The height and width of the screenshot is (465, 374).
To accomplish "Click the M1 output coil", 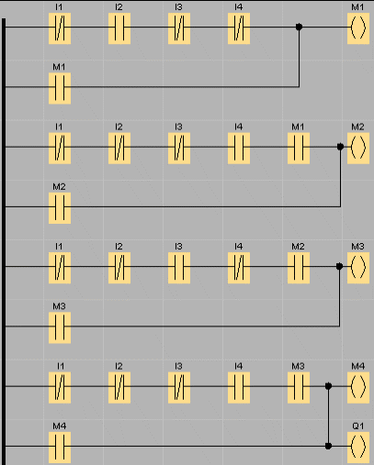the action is [x=358, y=28].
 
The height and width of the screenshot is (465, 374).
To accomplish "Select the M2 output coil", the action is [x=358, y=148].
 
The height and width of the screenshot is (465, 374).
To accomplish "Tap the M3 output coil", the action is [x=358, y=268].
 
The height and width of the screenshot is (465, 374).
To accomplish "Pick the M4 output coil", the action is [x=358, y=387].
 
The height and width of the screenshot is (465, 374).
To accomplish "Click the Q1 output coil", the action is [x=358, y=447].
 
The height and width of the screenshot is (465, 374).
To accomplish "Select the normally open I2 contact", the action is [x=119, y=28].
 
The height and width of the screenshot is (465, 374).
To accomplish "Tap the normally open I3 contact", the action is [x=179, y=268].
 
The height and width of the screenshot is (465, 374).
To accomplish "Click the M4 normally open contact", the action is [x=60, y=447].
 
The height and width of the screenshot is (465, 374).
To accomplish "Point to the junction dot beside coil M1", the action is [x=300, y=27].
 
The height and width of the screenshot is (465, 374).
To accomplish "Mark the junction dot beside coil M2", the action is [x=340, y=147].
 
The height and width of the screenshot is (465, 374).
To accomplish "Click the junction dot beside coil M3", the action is [x=339, y=266].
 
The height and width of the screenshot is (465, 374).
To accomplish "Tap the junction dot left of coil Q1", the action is [x=328, y=446].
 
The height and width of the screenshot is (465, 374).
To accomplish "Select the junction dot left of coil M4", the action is [x=328, y=386].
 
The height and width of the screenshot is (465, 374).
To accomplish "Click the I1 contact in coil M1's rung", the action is [x=60, y=28].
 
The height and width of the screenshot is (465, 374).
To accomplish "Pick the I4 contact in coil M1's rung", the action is [x=239, y=28].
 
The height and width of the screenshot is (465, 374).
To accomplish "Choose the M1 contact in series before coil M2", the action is [x=299, y=148].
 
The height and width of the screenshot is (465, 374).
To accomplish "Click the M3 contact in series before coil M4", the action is [x=299, y=387].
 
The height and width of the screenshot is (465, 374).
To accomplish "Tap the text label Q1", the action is [x=358, y=426].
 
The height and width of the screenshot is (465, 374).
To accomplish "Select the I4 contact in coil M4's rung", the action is [x=239, y=387].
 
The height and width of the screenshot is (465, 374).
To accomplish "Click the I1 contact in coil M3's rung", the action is [x=60, y=268].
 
